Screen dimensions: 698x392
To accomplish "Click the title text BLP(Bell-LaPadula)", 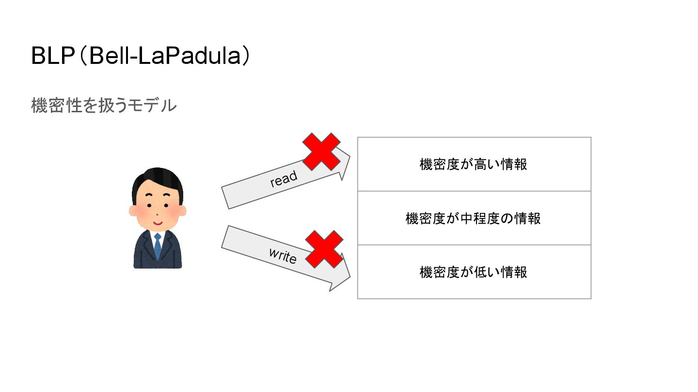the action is click(x=141, y=57).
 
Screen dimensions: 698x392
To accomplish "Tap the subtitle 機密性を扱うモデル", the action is click(x=103, y=105).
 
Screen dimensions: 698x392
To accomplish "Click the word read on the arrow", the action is click(x=284, y=179).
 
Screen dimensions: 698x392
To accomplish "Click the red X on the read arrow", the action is click(x=321, y=151).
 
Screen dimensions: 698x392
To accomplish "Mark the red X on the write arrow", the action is click(x=324, y=249).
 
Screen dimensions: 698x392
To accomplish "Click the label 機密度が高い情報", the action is click(x=474, y=165).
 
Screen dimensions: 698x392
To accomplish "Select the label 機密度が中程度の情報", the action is click(x=474, y=218).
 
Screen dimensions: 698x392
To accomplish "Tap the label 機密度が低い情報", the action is click(x=474, y=272).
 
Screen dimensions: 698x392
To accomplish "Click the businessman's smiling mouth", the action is click(x=157, y=224).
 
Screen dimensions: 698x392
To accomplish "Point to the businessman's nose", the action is click(x=157, y=213).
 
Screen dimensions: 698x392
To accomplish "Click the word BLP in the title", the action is click(x=53, y=57).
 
